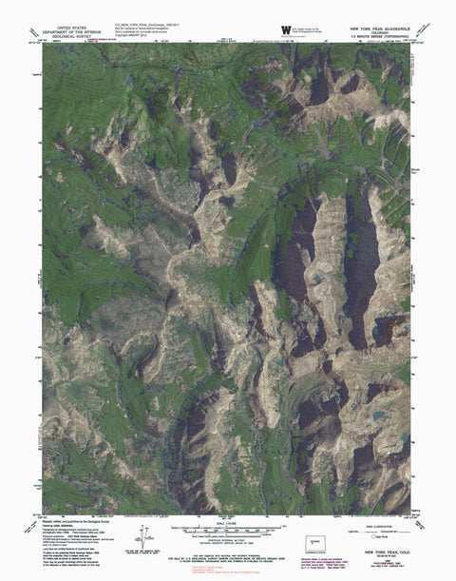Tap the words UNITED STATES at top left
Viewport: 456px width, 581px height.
(x=77, y=29)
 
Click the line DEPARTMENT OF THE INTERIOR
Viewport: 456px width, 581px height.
(x=77, y=34)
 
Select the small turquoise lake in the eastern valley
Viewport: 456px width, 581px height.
(x=314, y=279)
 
